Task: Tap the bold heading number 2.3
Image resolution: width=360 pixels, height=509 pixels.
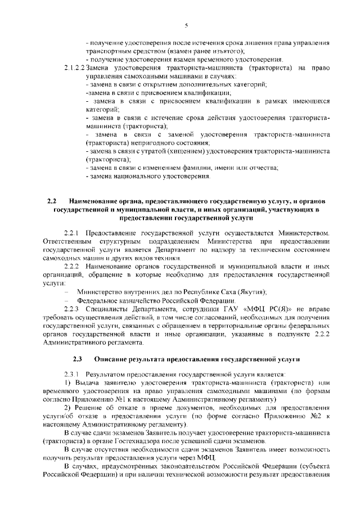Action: click(x=78, y=358)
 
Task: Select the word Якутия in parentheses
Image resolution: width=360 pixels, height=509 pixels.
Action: click(x=250, y=291)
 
